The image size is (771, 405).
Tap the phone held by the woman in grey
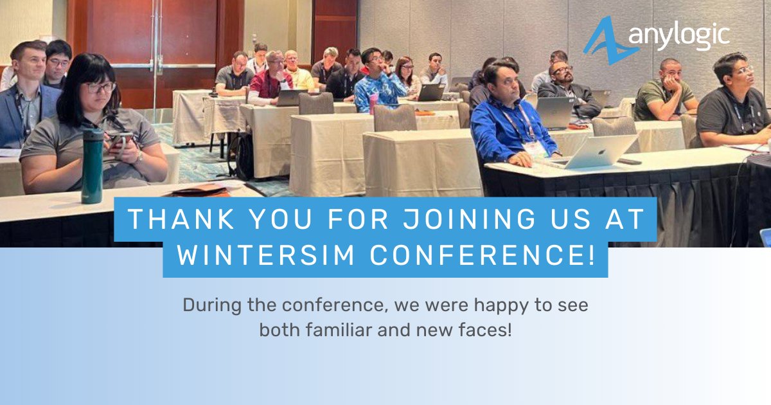[x=120, y=138]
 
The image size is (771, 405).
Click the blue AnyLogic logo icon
[x=603, y=40]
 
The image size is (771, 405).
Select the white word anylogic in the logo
[x=680, y=35]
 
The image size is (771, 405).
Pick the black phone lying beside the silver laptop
[x=630, y=161]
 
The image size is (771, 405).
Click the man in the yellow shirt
[x=297, y=72]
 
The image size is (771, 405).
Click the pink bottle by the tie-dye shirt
[x=373, y=103]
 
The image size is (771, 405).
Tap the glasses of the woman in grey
[x=101, y=87]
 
